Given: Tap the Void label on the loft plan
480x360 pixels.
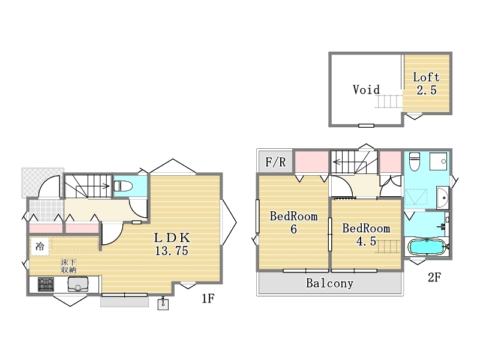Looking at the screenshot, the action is point(366,89).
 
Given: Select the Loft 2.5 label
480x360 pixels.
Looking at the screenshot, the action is point(426,83).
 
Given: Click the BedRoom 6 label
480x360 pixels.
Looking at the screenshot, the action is point(293,223).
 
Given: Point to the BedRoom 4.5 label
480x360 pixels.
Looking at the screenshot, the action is point(366,235).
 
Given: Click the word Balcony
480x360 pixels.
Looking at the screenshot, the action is point(329,283).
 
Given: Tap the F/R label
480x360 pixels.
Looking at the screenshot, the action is point(275,162).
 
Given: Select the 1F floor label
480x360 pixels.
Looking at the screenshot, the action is point(208,298).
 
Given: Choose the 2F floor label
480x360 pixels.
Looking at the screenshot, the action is point(434,277).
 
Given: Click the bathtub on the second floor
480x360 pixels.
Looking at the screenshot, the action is point(428,247).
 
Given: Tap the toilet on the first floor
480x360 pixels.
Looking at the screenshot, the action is point(123,186).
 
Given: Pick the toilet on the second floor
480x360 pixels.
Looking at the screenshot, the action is point(414,161).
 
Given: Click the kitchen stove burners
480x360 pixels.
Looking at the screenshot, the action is point(46,284).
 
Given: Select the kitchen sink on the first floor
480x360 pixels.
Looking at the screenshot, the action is point(78,284).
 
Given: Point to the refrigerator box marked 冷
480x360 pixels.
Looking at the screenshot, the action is point(40,247).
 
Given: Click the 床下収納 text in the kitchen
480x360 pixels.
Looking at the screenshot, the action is point(68,266).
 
